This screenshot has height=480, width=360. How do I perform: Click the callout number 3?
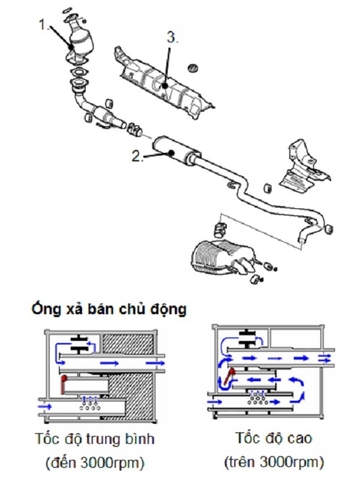pos(173,39)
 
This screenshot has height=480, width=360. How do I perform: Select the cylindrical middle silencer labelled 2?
pos(172,153)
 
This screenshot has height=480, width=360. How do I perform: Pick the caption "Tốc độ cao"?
pos(269,440)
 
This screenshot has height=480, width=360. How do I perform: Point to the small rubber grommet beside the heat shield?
pos(193,68)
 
